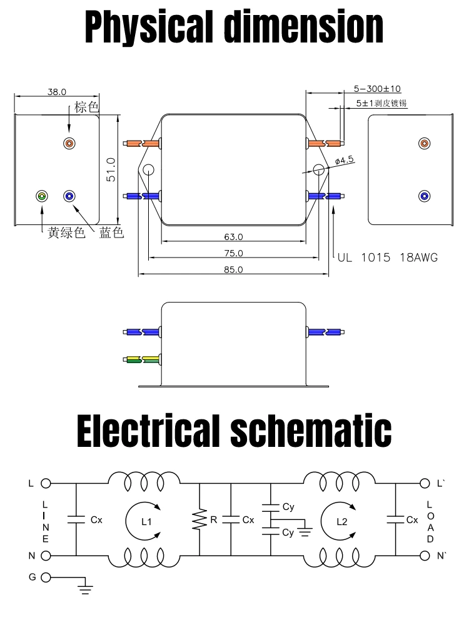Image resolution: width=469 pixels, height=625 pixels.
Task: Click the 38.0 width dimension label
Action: click(x=56, y=91)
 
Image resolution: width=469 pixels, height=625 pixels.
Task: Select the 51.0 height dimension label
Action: click(x=111, y=169)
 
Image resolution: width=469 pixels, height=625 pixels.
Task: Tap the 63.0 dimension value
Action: click(x=233, y=237)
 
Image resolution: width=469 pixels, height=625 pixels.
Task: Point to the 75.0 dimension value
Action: click(x=233, y=253)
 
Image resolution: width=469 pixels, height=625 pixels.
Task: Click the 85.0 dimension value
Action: click(x=233, y=269)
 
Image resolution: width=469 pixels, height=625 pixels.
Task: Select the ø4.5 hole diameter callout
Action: click(x=345, y=160)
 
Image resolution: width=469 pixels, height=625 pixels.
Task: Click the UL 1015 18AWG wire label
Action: click(x=387, y=257)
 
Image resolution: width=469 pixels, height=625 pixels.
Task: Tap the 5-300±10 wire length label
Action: click(x=377, y=89)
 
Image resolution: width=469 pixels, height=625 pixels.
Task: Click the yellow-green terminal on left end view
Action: click(x=42, y=196)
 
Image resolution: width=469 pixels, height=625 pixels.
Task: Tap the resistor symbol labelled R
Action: click(x=199, y=519)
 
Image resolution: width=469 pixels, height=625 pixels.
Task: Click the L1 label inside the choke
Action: click(x=146, y=521)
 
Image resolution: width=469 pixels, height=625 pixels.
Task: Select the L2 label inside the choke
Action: click(x=341, y=521)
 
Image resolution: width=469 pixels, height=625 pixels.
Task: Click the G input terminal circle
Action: click(x=45, y=577)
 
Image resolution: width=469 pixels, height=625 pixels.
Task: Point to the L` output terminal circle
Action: click(x=425, y=483)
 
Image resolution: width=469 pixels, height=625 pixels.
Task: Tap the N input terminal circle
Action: click(x=45, y=555)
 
